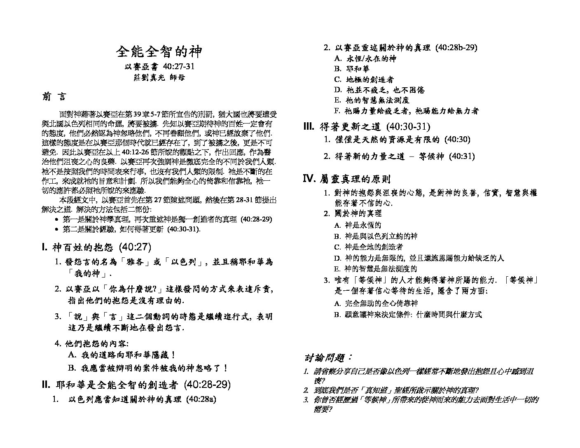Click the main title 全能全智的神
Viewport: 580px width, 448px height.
click(159, 52)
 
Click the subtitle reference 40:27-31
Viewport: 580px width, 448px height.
click(178, 67)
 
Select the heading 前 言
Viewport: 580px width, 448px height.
click(54, 97)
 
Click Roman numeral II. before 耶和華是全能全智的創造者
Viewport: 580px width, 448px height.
click(46, 385)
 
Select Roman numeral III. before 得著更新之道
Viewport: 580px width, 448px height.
click(309, 127)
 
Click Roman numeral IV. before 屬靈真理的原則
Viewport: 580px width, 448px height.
click(309, 179)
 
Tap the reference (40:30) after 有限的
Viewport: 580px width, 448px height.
click(457, 140)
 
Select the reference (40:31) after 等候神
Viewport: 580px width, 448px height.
click(461, 156)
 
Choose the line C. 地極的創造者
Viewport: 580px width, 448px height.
click(364, 79)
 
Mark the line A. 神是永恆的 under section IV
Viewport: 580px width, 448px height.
click(358, 225)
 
